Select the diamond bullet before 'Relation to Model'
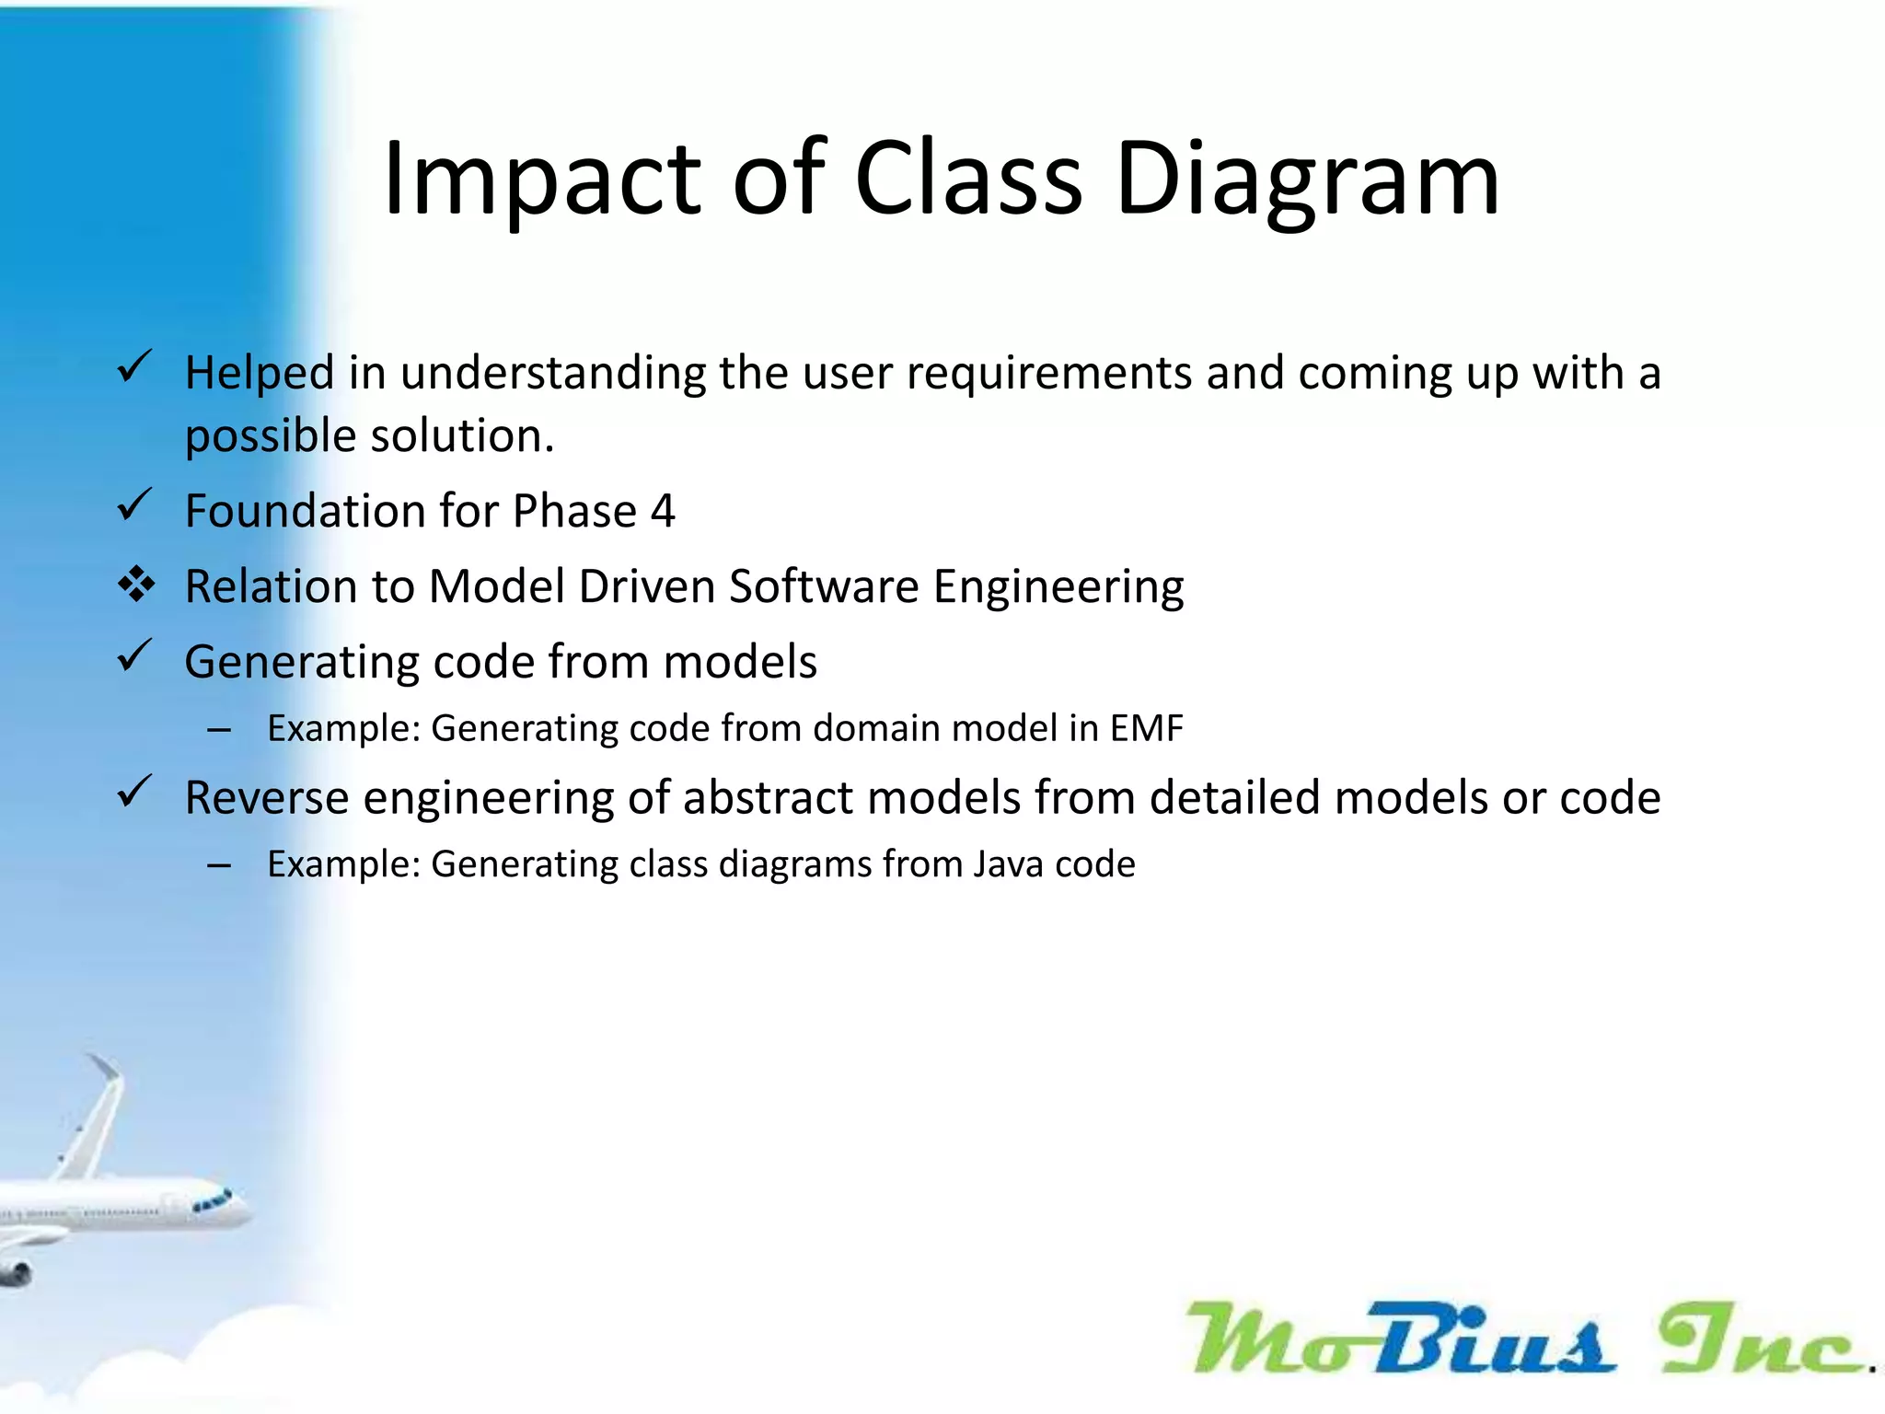tap(136, 585)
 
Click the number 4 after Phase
tap(662, 511)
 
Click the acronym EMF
tap(1146, 728)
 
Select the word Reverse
tap(266, 797)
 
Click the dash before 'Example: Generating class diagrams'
tap(219, 865)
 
